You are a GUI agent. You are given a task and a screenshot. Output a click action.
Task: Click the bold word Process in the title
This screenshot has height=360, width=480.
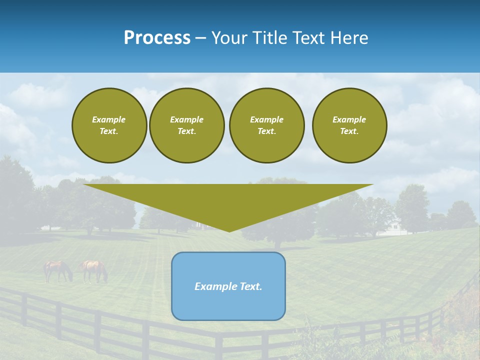(157, 38)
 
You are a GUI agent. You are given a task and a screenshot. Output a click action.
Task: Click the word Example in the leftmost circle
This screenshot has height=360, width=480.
(109, 119)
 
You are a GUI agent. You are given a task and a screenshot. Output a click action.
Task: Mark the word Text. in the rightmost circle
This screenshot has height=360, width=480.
(349, 131)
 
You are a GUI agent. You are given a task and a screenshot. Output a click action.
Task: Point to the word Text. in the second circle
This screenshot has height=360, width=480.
(187, 131)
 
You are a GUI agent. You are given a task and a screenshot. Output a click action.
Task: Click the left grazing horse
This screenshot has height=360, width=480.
(57, 270)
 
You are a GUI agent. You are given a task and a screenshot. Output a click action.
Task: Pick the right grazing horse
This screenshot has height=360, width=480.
(94, 270)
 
